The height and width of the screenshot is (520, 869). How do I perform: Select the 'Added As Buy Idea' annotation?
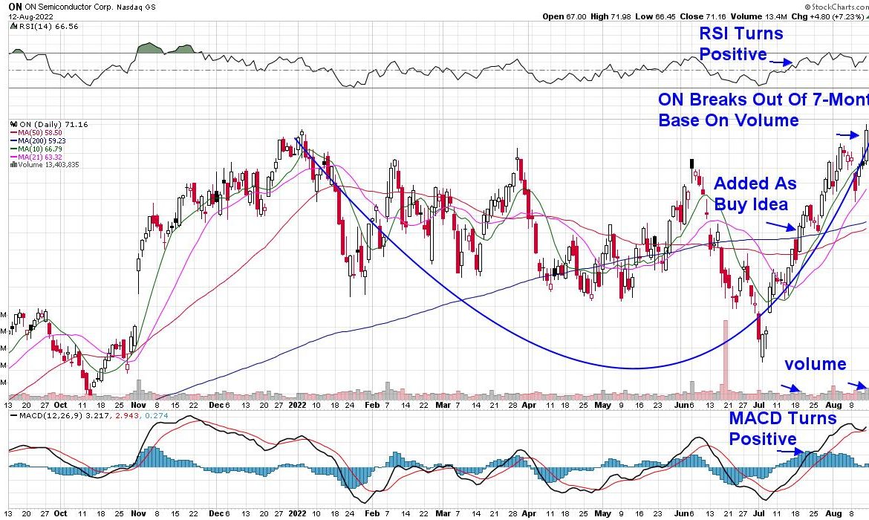(754, 194)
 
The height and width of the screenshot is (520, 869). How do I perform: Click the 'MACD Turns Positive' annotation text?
(782, 429)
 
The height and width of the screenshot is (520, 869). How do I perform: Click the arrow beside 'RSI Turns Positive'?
(781, 63)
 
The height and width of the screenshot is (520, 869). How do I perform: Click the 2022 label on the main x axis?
(297, 406)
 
